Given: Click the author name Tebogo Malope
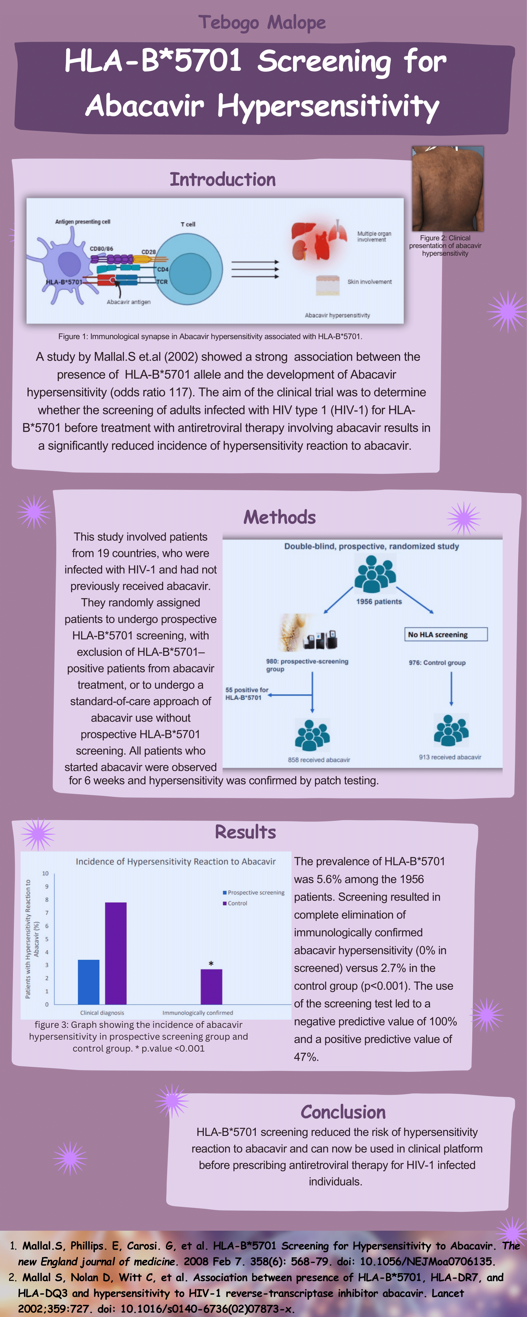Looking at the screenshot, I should pyautogui.click(x=262, y=22).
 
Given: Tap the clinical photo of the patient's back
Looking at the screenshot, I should pyautogui.click(x=447, y=189).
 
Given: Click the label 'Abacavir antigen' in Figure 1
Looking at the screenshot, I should pyautogui.click(x=128, y=302).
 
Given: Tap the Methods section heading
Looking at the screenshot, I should pyautogui.click(x=279, y=517).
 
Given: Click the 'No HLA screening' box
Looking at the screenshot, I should pyautogui.click(x=445, y=634).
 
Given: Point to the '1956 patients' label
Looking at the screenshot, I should pyautogui.click(x=379, y=602).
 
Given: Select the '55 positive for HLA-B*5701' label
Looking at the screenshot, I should pyautogui.click(x=246, y=694).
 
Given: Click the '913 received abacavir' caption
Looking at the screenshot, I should pyautogui.click(x=450, y=757).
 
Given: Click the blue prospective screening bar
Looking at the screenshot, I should pyautogui.click(x=89, y=982).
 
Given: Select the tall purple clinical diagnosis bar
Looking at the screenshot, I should pyautogui.click(x=115, y=954).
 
